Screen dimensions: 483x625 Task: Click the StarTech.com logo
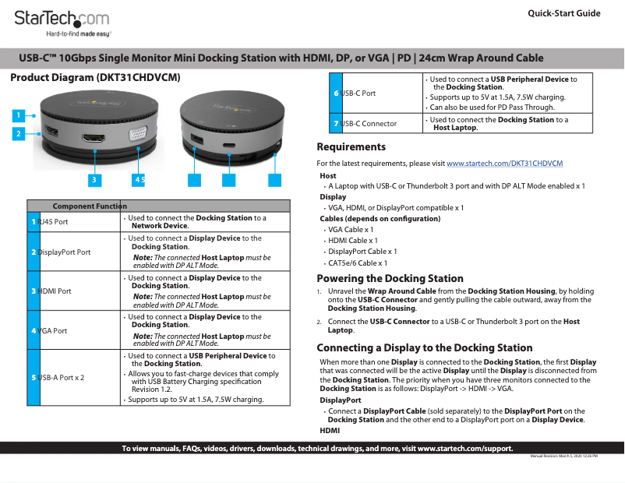[62, 19]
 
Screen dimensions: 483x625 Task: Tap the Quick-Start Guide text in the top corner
[563, 13]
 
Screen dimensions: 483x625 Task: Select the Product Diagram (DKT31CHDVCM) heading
[95, 78]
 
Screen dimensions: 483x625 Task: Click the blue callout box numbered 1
[16, 115]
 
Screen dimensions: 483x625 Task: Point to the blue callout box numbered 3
[94, 180]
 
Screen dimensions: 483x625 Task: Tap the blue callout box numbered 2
[16, 133]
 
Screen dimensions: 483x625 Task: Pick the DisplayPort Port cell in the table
[64, 252]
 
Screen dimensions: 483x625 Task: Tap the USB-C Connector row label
[369, 123]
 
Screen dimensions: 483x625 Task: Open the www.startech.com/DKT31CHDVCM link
[504, 163]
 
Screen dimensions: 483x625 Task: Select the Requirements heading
[351, 146]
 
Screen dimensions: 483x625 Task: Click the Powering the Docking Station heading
[390, 278]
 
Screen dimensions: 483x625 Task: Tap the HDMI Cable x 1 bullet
[353, 241]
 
